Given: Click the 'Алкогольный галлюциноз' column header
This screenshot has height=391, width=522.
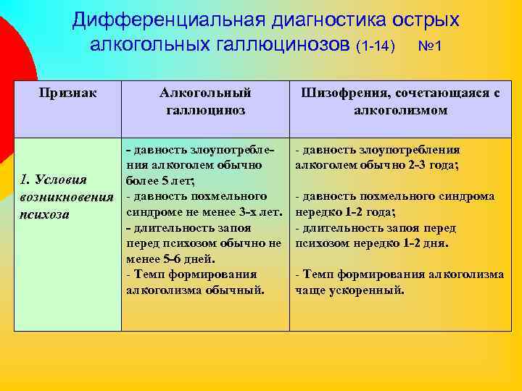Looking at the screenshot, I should point(205,101).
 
